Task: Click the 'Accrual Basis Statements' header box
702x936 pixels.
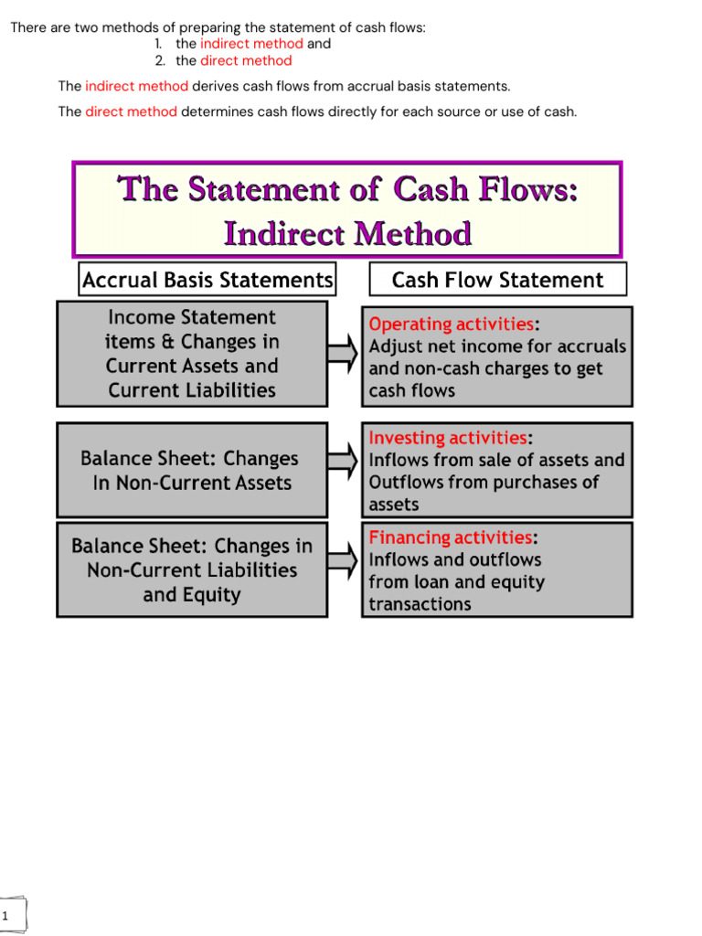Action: pyautogui.click(x=207, y=280)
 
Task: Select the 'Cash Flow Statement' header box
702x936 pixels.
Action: pyautogui.click(x=497, y=280)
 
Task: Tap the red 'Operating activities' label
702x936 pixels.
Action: pyautogui.click(x=451, y=324)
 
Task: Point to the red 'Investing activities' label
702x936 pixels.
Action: pyautogui.click(x=447, y=438)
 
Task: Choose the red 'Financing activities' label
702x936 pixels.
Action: pyautogui.click(x=450, y=537)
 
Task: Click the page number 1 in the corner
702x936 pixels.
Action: pyautogui.click(x=5, y=916)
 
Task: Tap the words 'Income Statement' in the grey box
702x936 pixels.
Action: pyautogui.click(x=192, y=317)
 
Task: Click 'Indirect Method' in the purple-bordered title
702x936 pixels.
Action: pyautogui.click(x=347, y=234)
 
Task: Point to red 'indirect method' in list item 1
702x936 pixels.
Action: pyautogui.click(x=251, y=44)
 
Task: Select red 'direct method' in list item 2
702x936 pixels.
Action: pyautogui.click(x=246, y=61)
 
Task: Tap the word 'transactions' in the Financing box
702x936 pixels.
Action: pyautogui.click(x=420, y=604)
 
